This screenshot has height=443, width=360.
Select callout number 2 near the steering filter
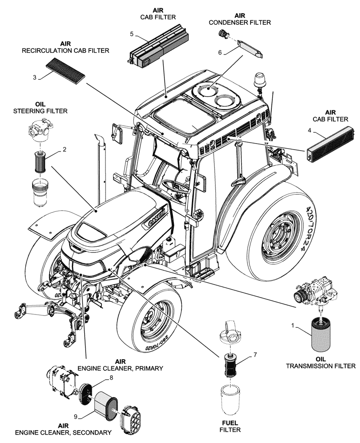pos(64,149)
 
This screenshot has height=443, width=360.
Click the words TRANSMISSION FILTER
pos(321,366)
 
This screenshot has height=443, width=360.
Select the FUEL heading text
pos(230,422)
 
